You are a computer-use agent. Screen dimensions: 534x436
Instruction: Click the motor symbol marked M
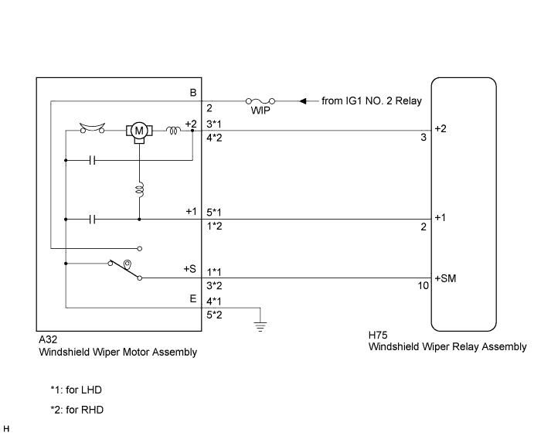(x=139, y=131)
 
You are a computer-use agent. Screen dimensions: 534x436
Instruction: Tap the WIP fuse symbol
(x=260, y=101)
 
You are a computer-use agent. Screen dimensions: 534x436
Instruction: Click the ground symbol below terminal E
(x=260, y=327)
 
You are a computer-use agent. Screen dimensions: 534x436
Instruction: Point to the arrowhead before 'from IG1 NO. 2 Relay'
(x=303, y=101)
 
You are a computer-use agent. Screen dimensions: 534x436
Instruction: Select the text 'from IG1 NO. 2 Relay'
(x=372, y=100)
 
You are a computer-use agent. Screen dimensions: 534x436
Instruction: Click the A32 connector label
(x=48, y=339)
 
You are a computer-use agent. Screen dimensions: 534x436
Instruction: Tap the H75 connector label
(x=378, y=336)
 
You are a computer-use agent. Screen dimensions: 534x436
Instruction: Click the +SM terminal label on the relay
(x=445, y=278)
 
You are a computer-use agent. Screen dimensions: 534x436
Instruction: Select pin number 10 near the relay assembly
(x=423, y=286)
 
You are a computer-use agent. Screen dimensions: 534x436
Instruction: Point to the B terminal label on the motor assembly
(x=193, y=93)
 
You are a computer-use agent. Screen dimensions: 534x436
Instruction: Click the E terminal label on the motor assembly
(x=193, y=298)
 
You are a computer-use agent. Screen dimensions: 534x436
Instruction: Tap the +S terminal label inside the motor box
(x=190, y=269)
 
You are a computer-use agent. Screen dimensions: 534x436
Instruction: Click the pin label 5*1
(x=214, y=213)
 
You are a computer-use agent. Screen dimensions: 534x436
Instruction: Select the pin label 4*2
(x=214, y=138)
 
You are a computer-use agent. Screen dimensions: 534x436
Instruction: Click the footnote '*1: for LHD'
(x=77, y=390)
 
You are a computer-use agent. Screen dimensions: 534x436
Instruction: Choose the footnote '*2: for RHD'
(x=77, y=410)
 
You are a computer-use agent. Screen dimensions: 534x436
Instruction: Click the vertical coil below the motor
(x=140, y=189)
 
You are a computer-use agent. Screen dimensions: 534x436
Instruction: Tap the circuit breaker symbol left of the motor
(x=92, y=128)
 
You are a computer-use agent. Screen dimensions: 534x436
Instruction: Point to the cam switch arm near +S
(x=124, y=271)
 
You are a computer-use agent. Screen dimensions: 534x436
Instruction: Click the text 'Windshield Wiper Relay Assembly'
(x=447, y=347)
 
